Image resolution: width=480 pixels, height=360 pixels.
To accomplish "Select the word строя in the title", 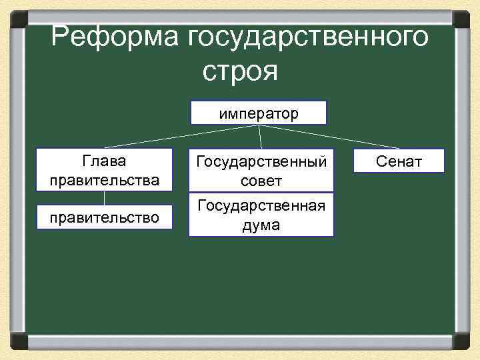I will point(239,70).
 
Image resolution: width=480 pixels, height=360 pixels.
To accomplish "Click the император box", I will point(259,113).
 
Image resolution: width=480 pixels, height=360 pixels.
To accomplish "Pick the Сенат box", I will point(399,161).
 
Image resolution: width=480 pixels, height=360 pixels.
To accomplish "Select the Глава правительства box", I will point(104,171).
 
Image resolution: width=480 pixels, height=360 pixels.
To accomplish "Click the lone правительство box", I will point(104,216).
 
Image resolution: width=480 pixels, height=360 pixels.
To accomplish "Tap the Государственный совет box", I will point(261,171).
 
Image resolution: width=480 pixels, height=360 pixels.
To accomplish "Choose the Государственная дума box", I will point(261,215).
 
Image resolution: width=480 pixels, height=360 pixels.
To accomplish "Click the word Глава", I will point(104,161).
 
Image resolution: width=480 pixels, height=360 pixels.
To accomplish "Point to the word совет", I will point(261,181).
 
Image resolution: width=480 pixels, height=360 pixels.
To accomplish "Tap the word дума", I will point(261,225).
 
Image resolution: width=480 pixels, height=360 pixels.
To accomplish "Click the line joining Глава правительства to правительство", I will point(104,197).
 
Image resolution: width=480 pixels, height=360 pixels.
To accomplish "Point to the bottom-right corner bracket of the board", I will point(461,341).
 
